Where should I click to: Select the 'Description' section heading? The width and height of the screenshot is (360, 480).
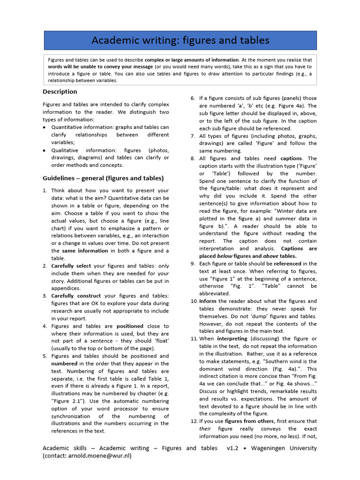60,91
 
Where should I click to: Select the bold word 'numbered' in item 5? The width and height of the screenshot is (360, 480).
64,363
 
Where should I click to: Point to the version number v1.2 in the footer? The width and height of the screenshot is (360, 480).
232,448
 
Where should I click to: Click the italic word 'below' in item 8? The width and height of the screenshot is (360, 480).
225,256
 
